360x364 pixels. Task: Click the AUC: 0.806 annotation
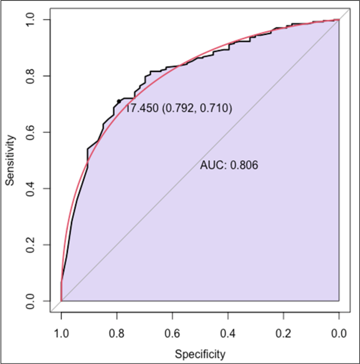pyautogui.click(x=229, y=165)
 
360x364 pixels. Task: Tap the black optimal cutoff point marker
pyautogui.click(x=118, y=101)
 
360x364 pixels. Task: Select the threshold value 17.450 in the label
pyautogui.click(x=142, y=109)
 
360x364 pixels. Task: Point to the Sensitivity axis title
pyautogui.click(x=12, y=160)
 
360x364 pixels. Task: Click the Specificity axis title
pyautogui.click(x=201, y=354)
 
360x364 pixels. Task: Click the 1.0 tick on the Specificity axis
pyautogui.click(x=61, y=333)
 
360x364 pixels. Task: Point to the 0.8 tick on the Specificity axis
pyautogui.click(x=117, y=333)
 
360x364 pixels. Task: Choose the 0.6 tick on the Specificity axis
pyautogui.click(x=172, y=333)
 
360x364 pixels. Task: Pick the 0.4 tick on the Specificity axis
pyautogui.click(x=228, y=333)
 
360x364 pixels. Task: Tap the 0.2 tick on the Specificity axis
pyautogui.click(x=283, y=333)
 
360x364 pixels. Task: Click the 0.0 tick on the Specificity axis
pyautogui.click(x=339, y=333)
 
